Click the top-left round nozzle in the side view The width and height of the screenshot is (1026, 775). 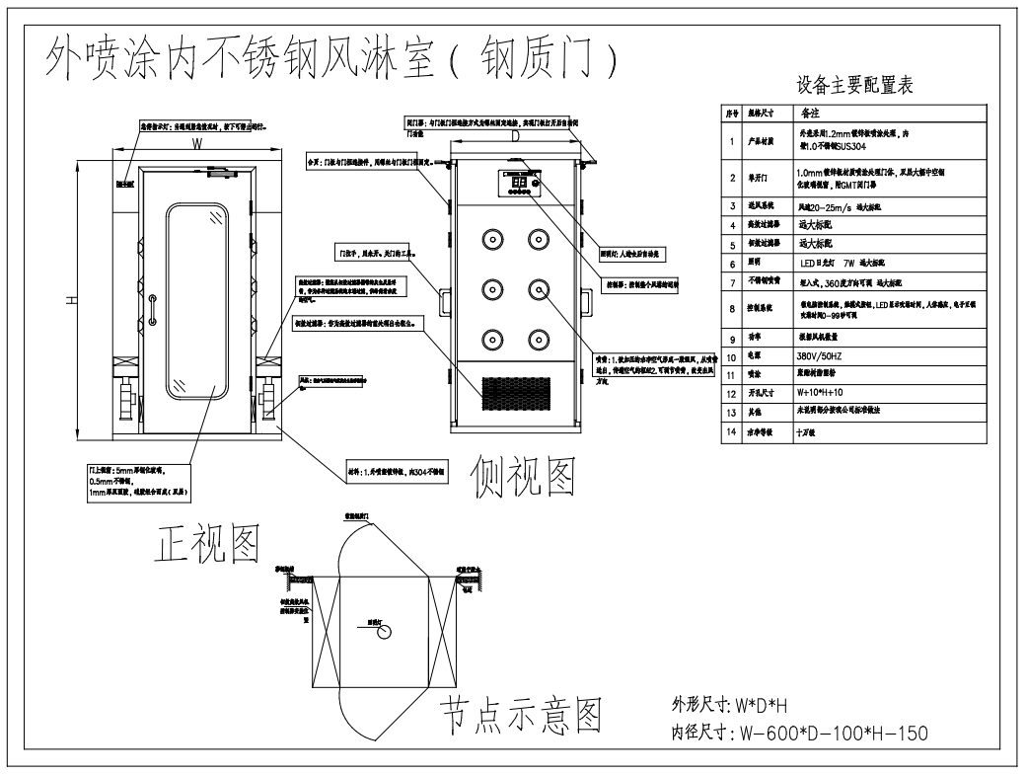pos(490,239)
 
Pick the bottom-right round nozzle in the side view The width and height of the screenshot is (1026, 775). pos(538,336)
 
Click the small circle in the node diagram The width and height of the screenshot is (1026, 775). pos(385,630)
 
